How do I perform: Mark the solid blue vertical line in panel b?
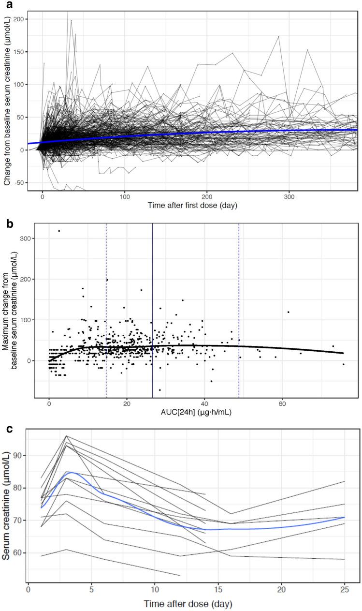153,310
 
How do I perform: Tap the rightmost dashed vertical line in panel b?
239,310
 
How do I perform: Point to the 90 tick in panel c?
19,455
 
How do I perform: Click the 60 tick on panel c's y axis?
19,552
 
